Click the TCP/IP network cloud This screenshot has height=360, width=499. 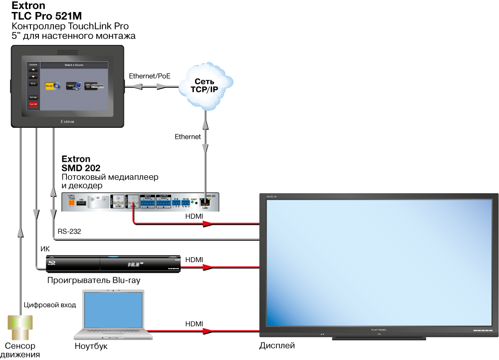(206, 86)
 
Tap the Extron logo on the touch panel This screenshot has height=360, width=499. (67, 121)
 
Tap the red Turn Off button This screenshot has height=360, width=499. (33, 104)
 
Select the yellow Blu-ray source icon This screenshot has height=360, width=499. (52, 86)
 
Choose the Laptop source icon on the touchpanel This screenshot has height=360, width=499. (73, 86)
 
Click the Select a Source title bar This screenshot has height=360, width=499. (74, 65)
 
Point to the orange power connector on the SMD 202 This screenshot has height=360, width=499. (71, 203)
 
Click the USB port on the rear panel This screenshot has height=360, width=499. (82, 203)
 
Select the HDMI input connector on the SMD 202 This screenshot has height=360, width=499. (118, 201)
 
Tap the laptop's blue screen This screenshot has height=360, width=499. (113, 310)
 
